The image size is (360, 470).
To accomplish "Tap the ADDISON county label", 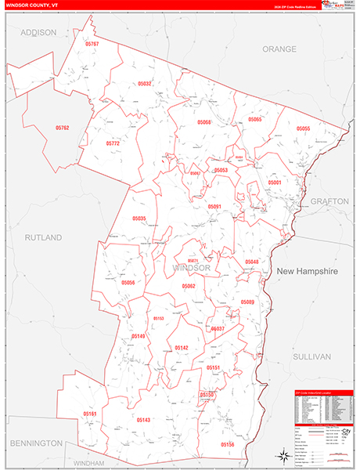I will click(x=39, y=32).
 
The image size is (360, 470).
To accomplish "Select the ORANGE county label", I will click(x=279, y=49).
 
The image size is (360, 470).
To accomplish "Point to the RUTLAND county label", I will click(x=42, y=237).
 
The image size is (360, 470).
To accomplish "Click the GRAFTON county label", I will click(x=329, y=201).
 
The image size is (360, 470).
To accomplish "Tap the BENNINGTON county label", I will click(x=36, y=443).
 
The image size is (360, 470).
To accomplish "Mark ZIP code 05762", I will click(x=63, y=128).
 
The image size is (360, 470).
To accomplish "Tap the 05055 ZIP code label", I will click(x=304, y=128).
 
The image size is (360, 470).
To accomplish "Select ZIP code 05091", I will click(x=215, y=206).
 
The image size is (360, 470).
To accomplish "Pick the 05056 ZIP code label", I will click(x=128, y=282).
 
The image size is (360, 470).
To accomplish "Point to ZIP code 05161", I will click(x=90, y=414).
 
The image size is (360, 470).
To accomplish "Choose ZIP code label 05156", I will click(x=227, y=444).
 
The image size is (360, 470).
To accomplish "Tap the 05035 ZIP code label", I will click(x=139, y=219).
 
